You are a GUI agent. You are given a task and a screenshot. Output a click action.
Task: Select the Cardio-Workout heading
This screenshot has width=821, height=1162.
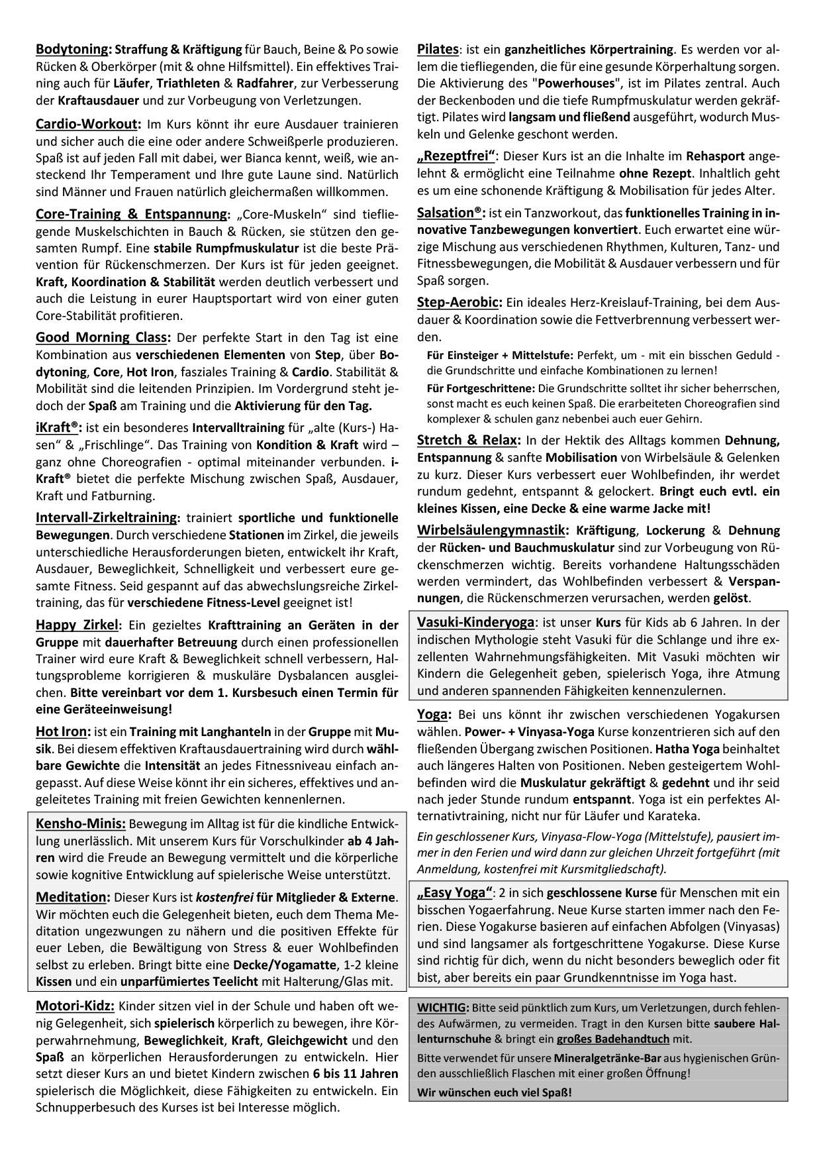point(88,124)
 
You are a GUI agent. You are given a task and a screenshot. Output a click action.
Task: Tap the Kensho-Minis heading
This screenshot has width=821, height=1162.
point(81,823)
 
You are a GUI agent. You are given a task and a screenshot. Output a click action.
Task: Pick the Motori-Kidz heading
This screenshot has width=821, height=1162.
point(75,1006)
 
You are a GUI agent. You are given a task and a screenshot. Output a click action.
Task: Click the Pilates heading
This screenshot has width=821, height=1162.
point(438,49)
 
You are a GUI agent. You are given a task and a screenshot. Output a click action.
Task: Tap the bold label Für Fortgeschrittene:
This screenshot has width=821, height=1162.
point(481,388)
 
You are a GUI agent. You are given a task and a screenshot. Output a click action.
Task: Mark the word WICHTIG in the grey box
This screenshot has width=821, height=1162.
point(442,1008)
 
